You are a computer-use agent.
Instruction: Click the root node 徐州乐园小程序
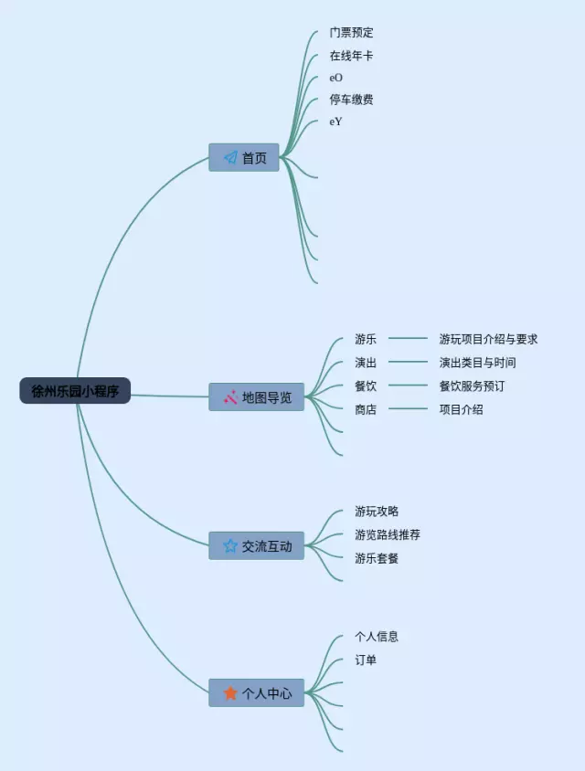tap(75, 391)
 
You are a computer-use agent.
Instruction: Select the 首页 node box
tap(244, 158)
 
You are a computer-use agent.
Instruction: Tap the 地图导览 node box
tap(257, 397)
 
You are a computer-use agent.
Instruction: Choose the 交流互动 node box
tap(257, 545)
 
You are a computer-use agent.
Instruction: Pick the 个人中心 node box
tap(257, 693)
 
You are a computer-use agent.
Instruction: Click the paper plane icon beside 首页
tap(230, 158)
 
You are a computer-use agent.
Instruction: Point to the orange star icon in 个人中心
tap(230, 693)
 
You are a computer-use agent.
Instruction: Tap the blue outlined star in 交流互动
tap(230, 545)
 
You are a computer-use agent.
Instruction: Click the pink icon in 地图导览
tap(230, 397)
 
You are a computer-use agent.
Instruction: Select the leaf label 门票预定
tap(352, 33)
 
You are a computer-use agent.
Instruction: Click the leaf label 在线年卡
tap(352, 56)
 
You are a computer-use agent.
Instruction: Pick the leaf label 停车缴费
tap(352, 100)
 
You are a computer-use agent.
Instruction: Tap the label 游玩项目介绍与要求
tap(488, 339)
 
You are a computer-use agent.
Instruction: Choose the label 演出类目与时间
tap(477, 363)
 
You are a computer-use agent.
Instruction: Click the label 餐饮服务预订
tap(472, 386)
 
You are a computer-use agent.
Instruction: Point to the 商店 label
tap(366, 409)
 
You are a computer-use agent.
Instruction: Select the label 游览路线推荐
tap(388, 534)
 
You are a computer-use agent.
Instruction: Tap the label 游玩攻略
tap(377, 512)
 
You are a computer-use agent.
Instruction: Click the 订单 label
tap(366, 660)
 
